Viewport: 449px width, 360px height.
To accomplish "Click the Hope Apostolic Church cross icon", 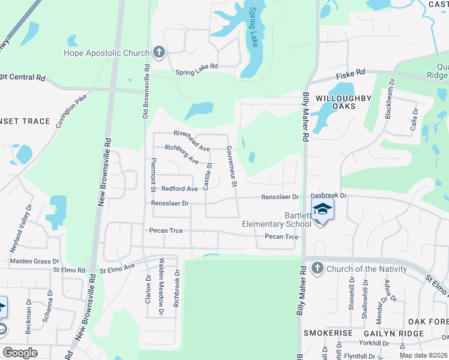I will click(x=159, y=52).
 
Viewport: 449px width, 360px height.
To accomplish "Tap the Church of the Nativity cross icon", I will click(x=318, y=268).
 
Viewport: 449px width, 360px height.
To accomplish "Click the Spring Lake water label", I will click(x=255, y=28).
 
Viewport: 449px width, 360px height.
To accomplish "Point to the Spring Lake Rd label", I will click(x=196, y=73).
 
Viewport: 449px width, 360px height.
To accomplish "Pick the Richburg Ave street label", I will click(x=181, y=154).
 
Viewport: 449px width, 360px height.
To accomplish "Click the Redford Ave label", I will click(x=179, y=188).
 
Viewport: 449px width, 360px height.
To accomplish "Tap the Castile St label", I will click(x=207, y=177).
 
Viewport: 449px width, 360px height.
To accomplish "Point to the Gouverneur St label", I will click(x=232, y=166).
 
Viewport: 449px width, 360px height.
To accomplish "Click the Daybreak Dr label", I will click(x=329, y=196).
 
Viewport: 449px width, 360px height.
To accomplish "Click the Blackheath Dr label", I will click(x=389, y=99).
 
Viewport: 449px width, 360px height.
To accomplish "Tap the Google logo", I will click(x=20, y=353).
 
